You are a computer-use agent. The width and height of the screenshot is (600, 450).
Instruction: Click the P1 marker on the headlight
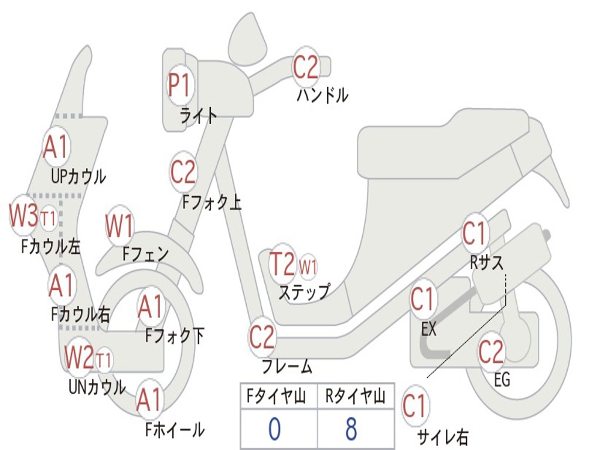click(179, 86)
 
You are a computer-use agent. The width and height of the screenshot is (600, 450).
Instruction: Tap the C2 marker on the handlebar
click(306, 67)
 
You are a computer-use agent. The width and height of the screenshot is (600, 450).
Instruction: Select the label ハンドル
click(322, 95)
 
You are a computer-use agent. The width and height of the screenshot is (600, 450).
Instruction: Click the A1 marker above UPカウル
click(56, 147)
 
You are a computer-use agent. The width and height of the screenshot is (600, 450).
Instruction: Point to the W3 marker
click(23, 216)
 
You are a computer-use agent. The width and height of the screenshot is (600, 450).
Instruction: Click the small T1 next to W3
click(49, 219)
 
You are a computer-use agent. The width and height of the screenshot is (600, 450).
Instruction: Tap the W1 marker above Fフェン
click(120, 227)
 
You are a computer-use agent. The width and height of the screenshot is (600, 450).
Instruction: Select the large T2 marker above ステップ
click(282, 264)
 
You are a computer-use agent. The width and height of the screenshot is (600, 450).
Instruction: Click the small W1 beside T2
click(308, 267)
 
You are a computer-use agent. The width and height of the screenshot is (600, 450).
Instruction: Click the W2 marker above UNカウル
click(79, 357)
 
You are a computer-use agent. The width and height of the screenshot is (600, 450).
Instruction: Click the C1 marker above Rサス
click(475, 234)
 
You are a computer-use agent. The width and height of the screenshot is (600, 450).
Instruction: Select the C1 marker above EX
click(423, 300)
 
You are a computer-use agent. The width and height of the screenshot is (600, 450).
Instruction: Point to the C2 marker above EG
click(491, 352)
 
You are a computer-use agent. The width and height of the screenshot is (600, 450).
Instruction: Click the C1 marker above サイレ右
click(415, 406)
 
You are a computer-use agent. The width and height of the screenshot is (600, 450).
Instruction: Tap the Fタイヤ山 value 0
click(274, 428)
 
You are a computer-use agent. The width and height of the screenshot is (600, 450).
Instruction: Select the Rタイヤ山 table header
click(356, 398)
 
